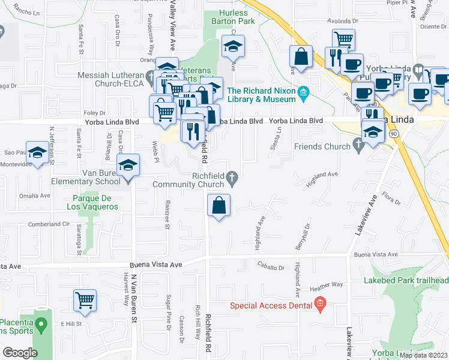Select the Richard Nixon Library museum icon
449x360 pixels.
(x=304, y=92)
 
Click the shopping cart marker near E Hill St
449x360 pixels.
(x=85, y=300)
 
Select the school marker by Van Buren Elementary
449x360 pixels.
(x=128, y=165)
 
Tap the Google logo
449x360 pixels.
(x=20, y=352)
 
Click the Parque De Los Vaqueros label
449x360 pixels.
(x=95, y=202)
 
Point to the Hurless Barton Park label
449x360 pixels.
(x=237, y=17)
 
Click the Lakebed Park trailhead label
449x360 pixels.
(x=406, y=280)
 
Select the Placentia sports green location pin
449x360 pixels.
(x=41, y=326)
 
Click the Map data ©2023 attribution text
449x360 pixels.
(x=424, y=355)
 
